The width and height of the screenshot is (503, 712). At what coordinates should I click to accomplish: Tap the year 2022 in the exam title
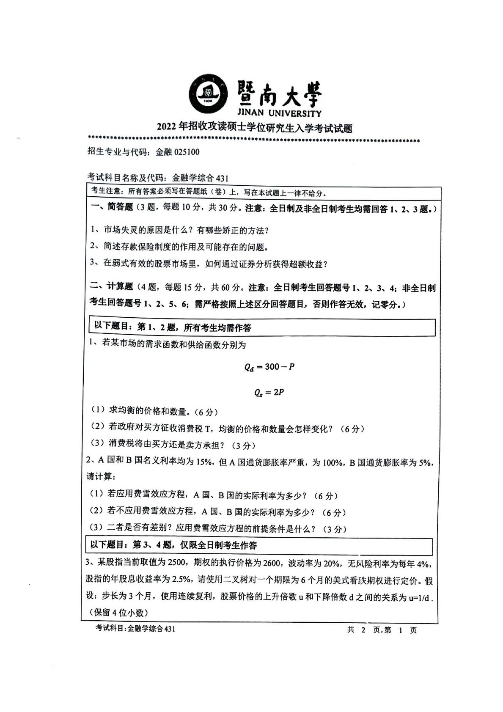[x=167, y=128]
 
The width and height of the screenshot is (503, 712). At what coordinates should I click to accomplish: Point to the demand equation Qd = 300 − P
[x=269, y=367]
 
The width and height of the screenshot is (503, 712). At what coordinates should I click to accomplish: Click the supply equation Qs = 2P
[x=269, y=393]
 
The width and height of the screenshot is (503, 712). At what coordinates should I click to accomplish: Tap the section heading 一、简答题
[x=112, y=208]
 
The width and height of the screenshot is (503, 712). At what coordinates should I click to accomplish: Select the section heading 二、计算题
[x=112, y=287]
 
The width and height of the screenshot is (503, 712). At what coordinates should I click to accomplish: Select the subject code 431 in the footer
[x=169, y=629]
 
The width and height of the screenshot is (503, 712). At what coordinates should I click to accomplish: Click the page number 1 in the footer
[x=400, y=630]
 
